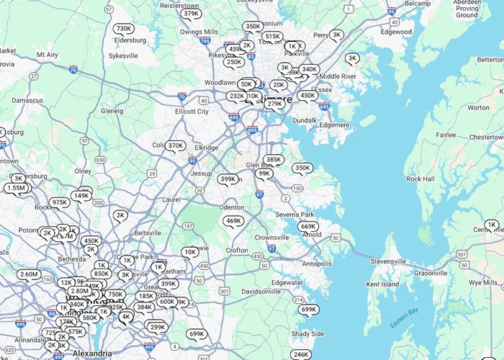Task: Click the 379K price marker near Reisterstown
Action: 191,14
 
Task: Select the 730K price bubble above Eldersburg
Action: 124,29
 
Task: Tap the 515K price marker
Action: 273,36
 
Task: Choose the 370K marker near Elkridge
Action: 176,145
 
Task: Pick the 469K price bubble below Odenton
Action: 233,221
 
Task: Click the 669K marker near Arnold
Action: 308,227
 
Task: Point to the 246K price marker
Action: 301,354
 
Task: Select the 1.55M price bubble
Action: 17,188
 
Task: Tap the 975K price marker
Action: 60,202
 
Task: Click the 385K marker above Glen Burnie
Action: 274,160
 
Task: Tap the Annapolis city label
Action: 317,264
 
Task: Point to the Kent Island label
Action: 383,284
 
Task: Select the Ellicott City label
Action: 192,112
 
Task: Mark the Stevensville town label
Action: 388,260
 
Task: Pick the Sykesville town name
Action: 123,55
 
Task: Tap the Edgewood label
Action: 397,32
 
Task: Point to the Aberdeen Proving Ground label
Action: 467,9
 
